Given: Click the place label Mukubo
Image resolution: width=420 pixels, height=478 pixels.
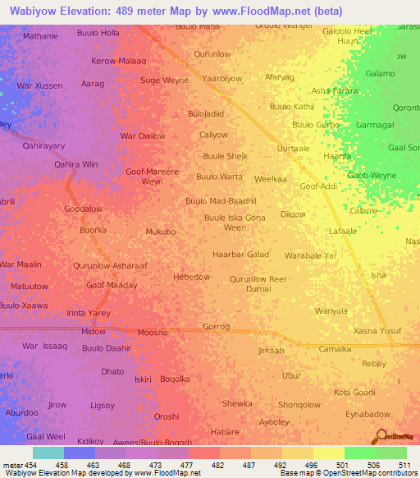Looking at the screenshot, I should click(161, 232).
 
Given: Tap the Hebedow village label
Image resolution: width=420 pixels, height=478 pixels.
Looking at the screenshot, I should click(191, 277).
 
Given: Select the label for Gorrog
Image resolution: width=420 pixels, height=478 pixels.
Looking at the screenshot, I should click(216, 326).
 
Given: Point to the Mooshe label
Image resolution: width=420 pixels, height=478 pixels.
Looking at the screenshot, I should click(153, 332).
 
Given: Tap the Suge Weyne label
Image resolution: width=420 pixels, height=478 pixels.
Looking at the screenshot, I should click(164, 80).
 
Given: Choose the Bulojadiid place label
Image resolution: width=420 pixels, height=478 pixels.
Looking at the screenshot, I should click(205, 113).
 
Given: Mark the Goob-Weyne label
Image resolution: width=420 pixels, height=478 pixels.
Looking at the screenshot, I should click(372, 176).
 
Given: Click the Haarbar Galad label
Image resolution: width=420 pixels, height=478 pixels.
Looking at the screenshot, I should click(240, 255).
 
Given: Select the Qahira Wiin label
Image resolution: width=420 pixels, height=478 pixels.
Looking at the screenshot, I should click(75, 164).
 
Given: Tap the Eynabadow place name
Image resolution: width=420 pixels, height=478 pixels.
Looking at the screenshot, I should click(367, 414).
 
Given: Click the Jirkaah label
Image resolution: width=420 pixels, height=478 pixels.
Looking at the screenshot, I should click(271, 351).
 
